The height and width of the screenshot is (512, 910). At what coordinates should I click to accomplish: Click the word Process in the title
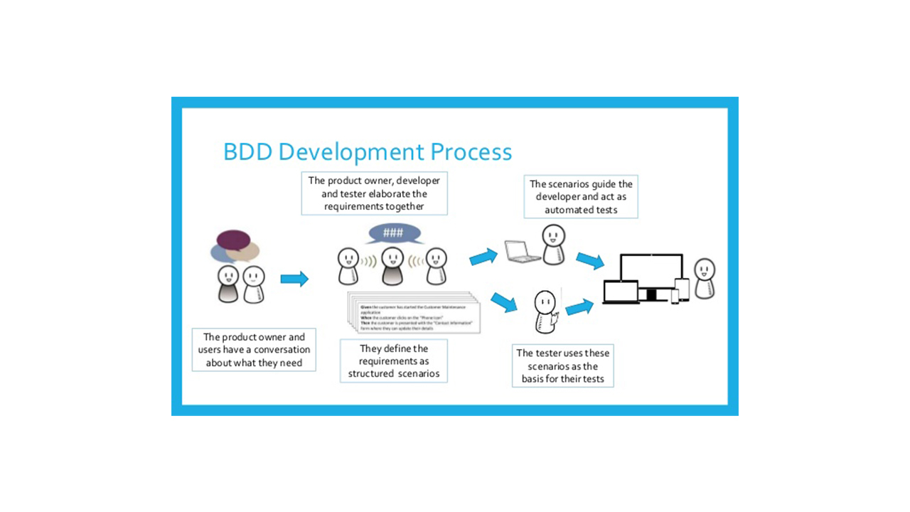click(471, 152)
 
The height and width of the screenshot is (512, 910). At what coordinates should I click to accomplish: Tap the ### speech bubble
click(393, 233)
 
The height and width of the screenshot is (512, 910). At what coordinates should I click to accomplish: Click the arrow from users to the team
click(294, 279)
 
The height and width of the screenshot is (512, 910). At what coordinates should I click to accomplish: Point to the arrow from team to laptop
click(483, 256)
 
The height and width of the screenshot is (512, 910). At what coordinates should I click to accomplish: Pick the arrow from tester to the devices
click(579, 306)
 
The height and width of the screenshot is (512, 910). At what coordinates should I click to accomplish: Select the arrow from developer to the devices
click(590, 261)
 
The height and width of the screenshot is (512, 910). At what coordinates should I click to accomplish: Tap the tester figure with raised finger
click(545, 311)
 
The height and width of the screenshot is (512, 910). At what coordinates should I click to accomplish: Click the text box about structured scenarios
click(394, 361)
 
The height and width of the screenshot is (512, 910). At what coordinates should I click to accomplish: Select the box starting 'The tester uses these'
click(562, 366)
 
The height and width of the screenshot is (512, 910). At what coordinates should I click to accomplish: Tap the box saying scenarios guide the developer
click(581, 197)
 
